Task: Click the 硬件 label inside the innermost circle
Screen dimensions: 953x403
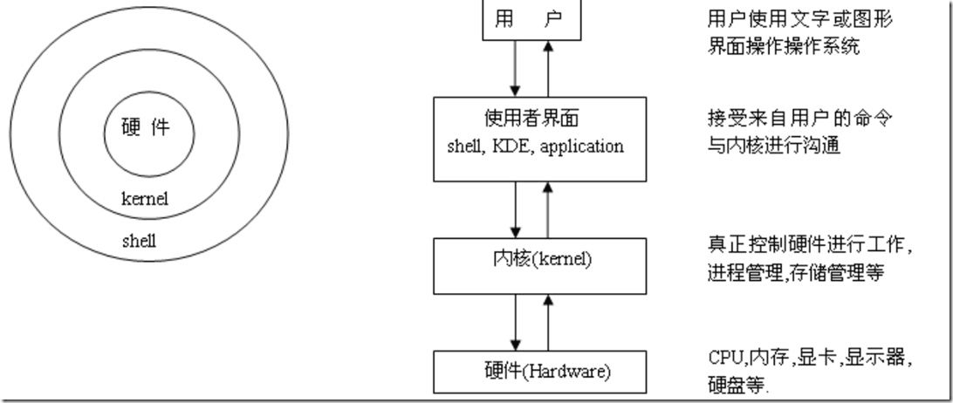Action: coord(146,128)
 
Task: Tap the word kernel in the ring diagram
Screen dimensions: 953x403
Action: coord(145,199)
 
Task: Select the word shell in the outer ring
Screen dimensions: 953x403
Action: coord(139,242)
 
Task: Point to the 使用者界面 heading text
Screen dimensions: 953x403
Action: coord(531,119)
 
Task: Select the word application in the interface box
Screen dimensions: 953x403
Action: coord(581,147)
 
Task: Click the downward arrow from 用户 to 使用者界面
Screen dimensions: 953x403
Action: coord(516,69)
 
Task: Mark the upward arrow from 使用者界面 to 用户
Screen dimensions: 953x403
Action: coord(547,69)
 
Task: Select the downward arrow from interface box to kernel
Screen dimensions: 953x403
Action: coord(516,209)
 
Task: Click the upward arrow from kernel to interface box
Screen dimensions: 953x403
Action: coord(547,209)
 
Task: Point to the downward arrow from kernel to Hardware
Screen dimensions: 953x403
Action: coord(516,323)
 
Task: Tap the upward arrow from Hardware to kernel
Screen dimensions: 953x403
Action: coord(547,323)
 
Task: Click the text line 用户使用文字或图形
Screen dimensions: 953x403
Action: coord(799,20)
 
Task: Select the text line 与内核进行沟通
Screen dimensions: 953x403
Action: coord(774,147)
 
